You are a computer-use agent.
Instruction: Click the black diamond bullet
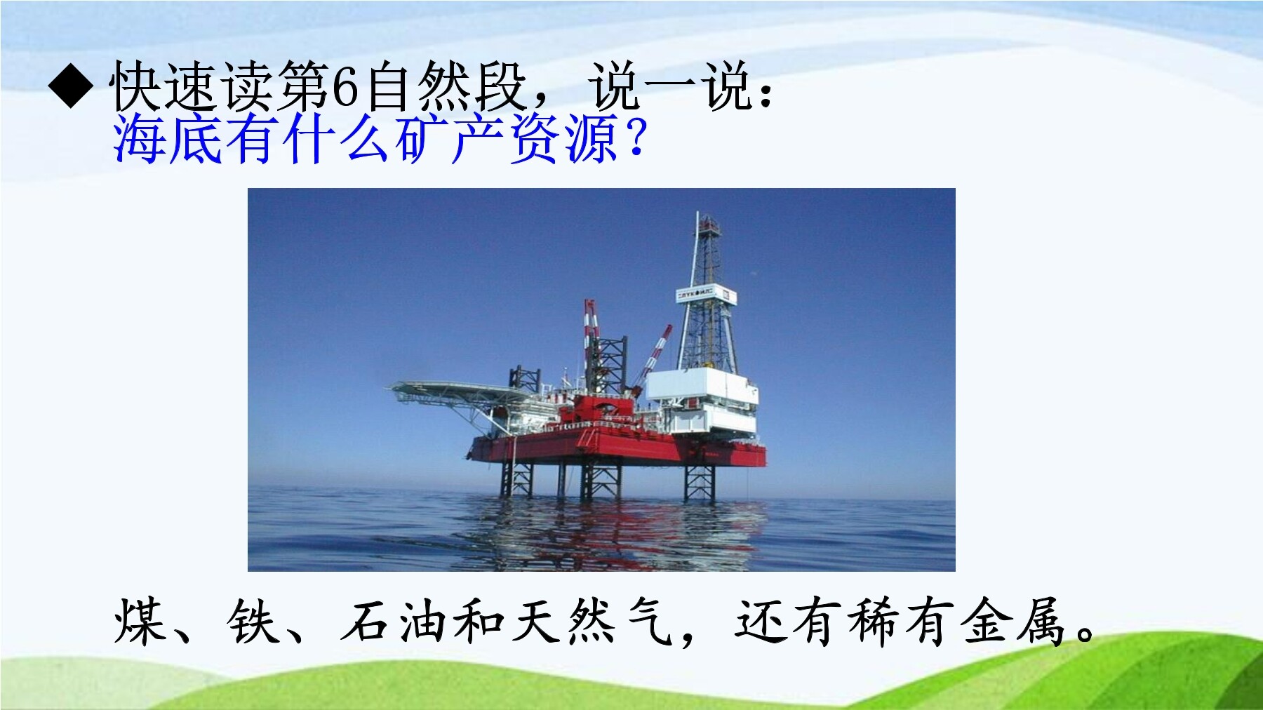pyautogui.click(x=71, y=86)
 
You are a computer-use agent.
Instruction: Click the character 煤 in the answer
pyautogui.click(x=140, y=621)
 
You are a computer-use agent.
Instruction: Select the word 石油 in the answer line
pyautogui.click(x=395, y=621)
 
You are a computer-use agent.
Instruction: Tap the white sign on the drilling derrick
pyautogui.click(x=706, y=295)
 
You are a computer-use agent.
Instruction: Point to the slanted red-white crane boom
pyautogui.click(x=652, y=358)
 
